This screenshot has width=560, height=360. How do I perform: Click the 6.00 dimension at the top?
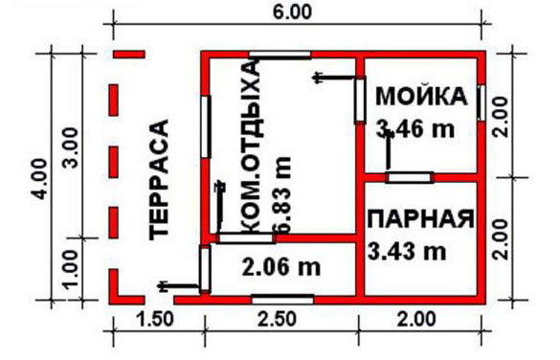(292, 12)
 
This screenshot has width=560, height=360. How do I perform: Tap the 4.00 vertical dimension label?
(39, 179)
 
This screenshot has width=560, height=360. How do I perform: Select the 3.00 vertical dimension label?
(70, 147)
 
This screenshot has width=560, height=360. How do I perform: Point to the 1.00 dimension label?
(70, 269)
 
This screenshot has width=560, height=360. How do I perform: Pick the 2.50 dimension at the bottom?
(278, 319)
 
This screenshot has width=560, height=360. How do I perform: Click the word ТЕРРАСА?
(159, 180)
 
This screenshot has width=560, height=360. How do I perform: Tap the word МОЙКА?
(421, 96)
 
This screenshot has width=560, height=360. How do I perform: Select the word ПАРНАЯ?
(421, 218)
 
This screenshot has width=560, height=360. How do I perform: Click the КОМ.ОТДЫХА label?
(253, 147)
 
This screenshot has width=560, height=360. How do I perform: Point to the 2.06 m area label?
(281, 267)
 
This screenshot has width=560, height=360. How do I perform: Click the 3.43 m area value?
(407, 252)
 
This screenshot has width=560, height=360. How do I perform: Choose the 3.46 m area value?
(415, 129)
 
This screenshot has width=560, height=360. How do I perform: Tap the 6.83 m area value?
(282, 194)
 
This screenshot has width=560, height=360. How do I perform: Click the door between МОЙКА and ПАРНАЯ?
(410, 177)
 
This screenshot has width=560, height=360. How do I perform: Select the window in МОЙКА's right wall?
(482, 102)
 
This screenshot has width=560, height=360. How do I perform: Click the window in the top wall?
(280, 55)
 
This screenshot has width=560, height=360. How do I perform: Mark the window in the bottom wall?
(282, 300)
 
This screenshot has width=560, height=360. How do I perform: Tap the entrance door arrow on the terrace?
(178, 285)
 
